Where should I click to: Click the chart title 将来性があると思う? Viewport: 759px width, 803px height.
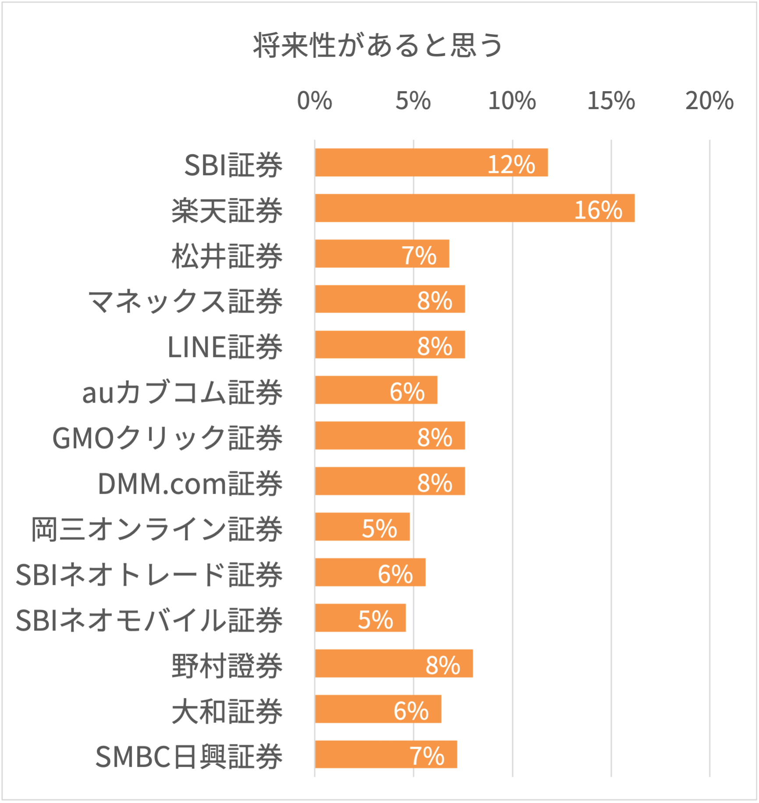tap(378, 46)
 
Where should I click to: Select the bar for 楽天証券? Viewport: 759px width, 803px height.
tap(475, 208)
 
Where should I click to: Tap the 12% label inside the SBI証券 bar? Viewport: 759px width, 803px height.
tap(511, 165)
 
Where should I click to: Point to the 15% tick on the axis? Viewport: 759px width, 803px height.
tap(611, 101)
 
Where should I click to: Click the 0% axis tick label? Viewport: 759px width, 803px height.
tap(314, 101)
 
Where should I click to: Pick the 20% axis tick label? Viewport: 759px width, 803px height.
tap(709, 101)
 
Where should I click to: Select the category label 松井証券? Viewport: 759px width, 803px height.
tap(227, 256)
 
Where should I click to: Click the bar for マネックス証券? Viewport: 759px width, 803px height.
tap(390, 299)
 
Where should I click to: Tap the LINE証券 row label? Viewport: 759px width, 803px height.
tap(225, 347)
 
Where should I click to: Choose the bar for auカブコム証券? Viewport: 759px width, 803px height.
tap(376, 390)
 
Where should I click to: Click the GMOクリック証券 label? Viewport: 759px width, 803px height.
tap(167, 438)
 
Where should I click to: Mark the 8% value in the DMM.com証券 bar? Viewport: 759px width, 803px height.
tap(434, 483)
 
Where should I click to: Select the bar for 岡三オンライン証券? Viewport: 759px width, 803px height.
tap(362, 527)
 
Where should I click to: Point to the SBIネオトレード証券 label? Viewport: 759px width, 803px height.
tap(149, 575)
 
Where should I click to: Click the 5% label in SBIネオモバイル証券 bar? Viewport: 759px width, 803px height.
tap(376, 620)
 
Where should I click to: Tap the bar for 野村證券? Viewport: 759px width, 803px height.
tap(394, 663)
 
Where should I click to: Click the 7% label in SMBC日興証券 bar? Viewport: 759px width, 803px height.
tap(427, 757)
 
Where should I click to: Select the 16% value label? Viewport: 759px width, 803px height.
tap(598, 210)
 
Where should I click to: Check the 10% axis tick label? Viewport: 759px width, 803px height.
tap(512, 101)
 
